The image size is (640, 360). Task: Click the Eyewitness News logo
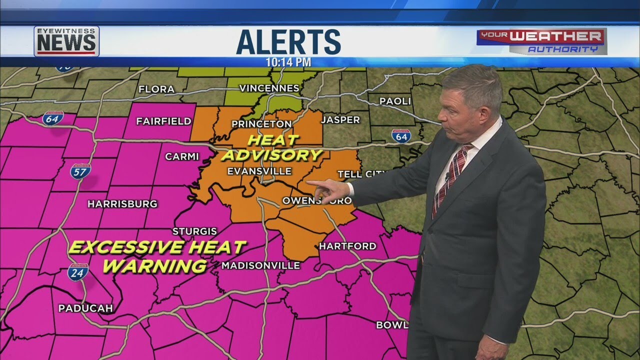point(66,41)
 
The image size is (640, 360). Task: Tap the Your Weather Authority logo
point(541,41)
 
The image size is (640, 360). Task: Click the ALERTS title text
point(288,41)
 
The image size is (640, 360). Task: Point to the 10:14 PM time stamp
point(288,62)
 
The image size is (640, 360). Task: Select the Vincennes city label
point(269,88)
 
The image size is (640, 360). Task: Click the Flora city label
point(156,89)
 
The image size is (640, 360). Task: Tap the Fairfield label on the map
point(163,121)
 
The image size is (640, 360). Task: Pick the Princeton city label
point(261,124)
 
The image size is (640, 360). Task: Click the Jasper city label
point(340,120)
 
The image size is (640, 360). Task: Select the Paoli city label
point(395,101)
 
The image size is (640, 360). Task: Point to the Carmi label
point(182,156)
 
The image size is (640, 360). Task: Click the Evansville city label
point(259,171)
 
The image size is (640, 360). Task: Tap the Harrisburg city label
point(122,204)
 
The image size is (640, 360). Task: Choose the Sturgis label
point(194,231)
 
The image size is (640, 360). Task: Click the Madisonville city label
point(260,265)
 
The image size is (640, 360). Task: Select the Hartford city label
point(347,246)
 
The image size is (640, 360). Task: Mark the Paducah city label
point(85,308)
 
